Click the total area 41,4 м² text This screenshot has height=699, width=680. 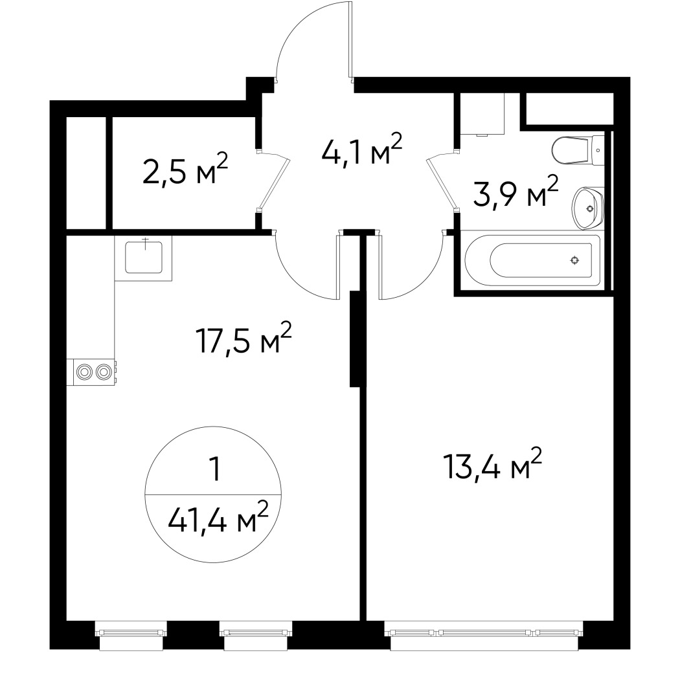coord(218,518)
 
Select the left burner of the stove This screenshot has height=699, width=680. coord(85,372)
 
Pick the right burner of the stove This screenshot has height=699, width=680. coord(103,372)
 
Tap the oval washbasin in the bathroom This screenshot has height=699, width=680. coord(587,208)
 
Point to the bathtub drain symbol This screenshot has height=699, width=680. coord(574,260)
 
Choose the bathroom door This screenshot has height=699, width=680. coord(440,183)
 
